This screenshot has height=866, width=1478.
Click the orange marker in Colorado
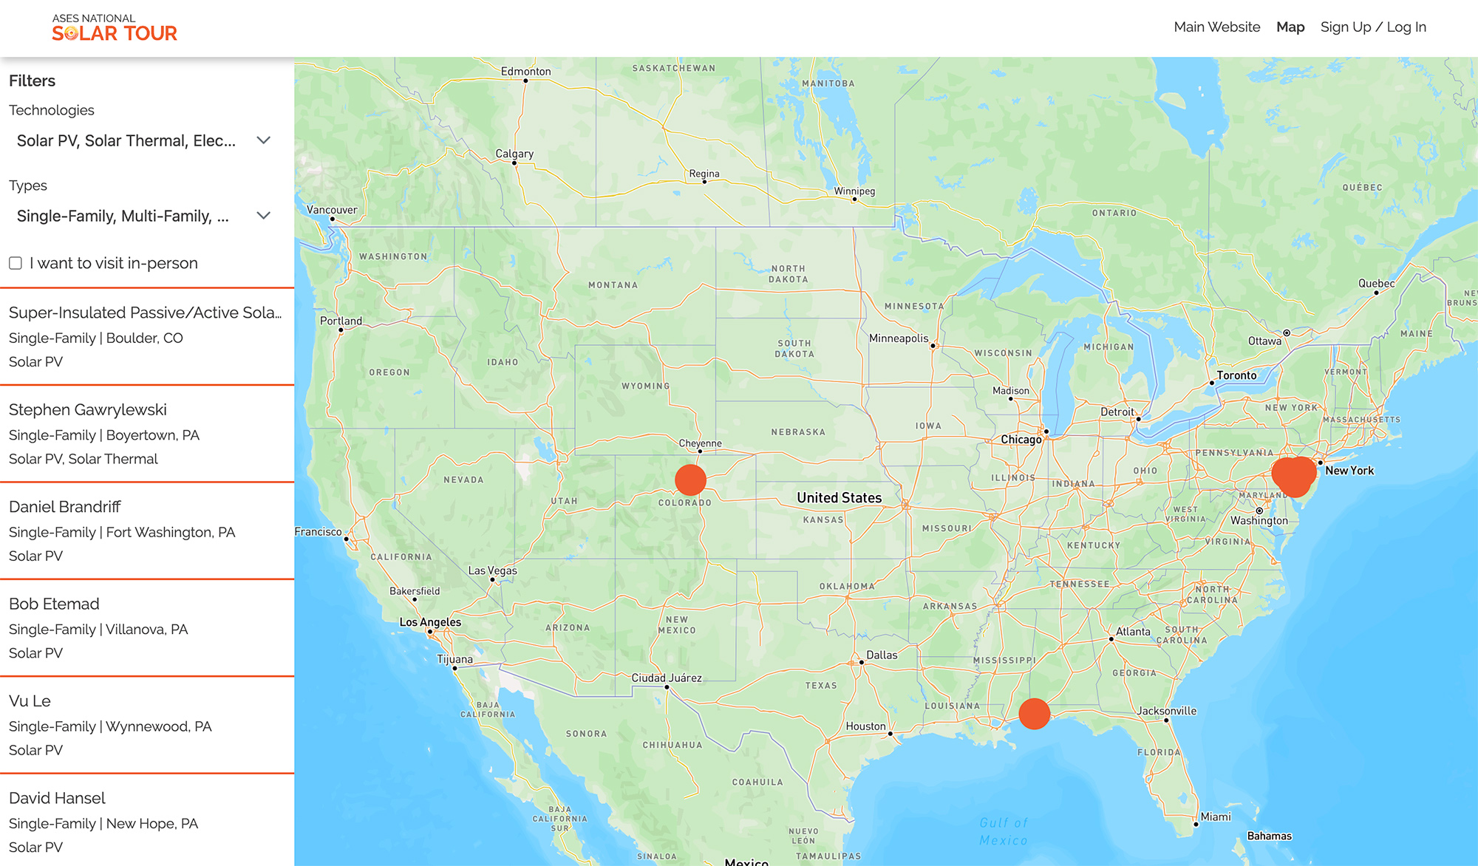coord(690,480)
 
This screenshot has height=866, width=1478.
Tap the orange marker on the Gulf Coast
coord(1034,714)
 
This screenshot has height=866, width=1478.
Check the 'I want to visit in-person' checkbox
coord(16,263)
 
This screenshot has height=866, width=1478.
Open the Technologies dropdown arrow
coord(263,140)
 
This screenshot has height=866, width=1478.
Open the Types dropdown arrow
coord(263,216)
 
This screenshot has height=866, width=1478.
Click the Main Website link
coord(1216,27)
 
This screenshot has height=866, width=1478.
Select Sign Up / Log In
coord(1373,27)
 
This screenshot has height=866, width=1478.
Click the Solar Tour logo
coord(115,28)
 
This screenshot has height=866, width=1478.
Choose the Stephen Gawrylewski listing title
coord(88,410)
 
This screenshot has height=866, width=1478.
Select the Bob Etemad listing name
coord(54,604)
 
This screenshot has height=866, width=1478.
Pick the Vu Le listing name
coord(30,701)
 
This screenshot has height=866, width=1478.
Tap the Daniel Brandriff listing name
coord(65,507)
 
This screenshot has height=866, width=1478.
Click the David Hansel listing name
coord(57,798)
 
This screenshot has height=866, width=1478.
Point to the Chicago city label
coord(1021,440)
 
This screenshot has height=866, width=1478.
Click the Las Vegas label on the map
coord(492,570)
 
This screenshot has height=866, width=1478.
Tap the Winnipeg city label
coord(854,191)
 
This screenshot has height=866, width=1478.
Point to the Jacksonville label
coord(1166,711)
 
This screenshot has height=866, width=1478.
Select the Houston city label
coord(865,726)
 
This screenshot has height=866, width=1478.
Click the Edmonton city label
coord(525,72)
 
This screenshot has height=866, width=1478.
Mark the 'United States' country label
coord(839,498)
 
